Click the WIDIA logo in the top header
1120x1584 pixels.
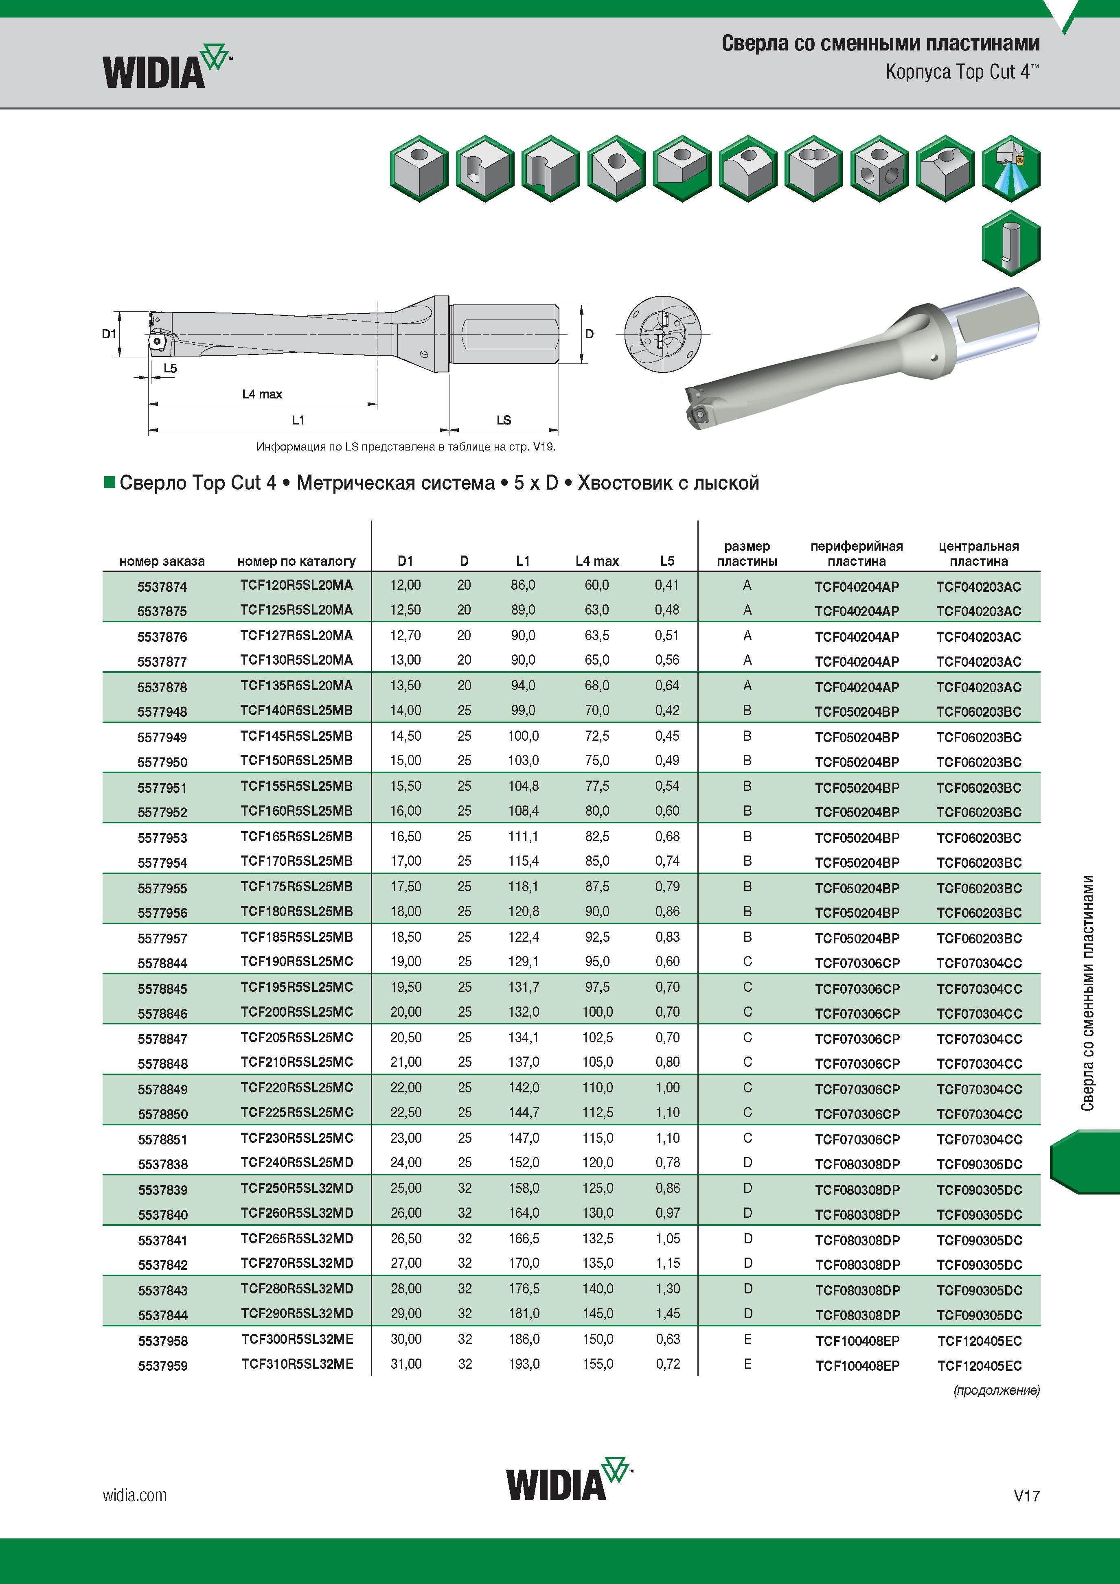(167, 66)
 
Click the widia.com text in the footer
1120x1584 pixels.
(135, 1495)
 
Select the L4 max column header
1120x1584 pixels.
(597, 561)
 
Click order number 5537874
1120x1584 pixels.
(162, 587)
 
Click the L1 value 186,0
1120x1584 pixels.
(524, 1339)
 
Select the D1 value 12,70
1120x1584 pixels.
(406, 635)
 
